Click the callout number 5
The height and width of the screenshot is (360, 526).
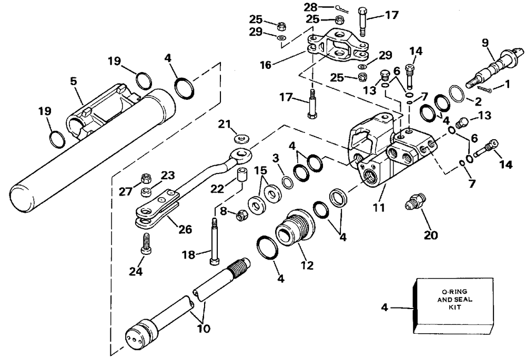pos(74,81)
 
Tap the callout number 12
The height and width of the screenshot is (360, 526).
pos(307,265)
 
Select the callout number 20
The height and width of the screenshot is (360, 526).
pos(431,235)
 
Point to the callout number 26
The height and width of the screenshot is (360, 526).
pos(185,229)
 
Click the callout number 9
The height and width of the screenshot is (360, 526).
pos(485,43)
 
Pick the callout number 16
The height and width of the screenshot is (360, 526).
pos(266,65)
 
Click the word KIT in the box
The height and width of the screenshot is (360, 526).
pos(454,307)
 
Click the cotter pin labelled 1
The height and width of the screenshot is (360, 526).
pos(484,88)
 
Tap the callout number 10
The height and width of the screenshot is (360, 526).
pos(204,328)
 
